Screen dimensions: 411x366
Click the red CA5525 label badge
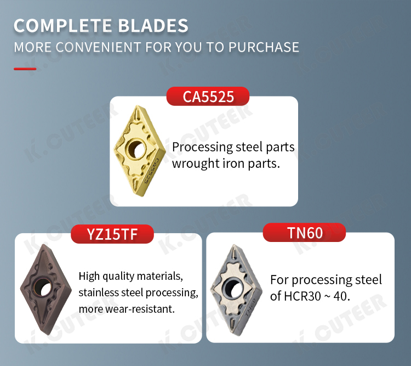pyautogui.click(x=208, y=97)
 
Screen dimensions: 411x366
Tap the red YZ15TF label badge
pyautogui.click(x=112, y=234)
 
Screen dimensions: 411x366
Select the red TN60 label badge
pyautogui.click(x=304, y=232)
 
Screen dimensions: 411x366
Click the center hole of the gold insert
pyautogui.click(x=136, y=149)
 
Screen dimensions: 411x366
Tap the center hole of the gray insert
pyautogui.click(x=233, y=289)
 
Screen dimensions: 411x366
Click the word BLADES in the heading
pyautogui.click(x=153, y=26)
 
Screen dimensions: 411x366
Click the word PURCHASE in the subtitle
pyautogui.click(x=264, y=47)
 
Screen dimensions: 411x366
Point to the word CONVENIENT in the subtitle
pyautogui.click(x=98, y=47)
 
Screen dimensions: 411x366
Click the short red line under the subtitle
pyautogui.click(x=25, y=69)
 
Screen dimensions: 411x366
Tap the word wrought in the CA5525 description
pyautogui.click(x=196, y=164)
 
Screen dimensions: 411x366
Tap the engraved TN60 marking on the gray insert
pyautogui.click(x=250, y=308)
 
